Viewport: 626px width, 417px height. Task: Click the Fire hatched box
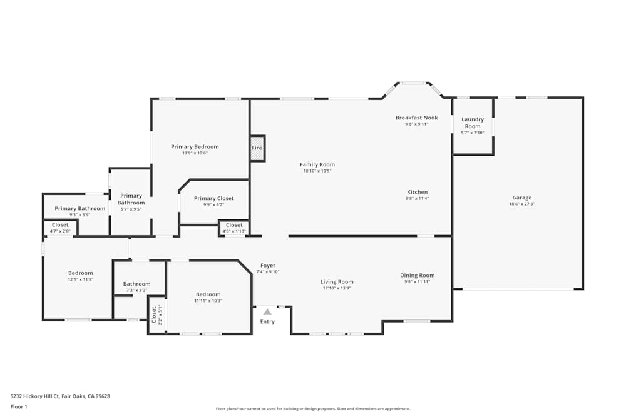point(257,148)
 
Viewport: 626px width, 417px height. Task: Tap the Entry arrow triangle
point(267,311)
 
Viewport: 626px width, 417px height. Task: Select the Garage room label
point(521,198)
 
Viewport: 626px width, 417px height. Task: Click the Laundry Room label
point(473,123)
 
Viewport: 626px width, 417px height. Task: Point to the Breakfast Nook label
point(416,118)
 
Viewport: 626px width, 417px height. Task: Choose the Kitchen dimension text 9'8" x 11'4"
point(418,198)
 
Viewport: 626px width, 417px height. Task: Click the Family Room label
point(317,164)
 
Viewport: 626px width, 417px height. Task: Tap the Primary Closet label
point(213,198)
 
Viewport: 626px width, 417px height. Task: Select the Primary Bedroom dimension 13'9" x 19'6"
point(195,153)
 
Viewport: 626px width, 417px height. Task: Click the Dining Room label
point(417,275)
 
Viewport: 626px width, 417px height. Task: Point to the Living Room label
point(337,281)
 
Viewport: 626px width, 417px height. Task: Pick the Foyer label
point(268,266)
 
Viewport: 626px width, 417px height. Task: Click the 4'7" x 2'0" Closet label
point(60,225)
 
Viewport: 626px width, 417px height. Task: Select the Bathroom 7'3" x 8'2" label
point(136,284)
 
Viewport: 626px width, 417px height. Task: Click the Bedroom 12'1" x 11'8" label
point(81,273)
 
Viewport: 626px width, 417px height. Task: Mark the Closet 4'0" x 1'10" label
point(234,225)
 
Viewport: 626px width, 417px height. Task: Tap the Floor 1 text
point(19,406)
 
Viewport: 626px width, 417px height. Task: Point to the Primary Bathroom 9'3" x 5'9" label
point(80,208)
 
